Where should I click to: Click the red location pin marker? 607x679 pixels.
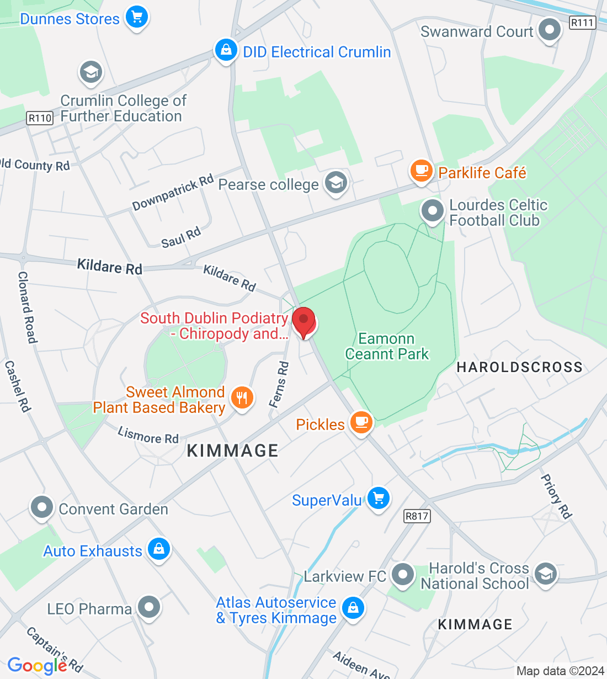303,322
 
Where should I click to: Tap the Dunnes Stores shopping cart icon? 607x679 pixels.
136,17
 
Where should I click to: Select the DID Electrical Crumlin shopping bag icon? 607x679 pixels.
226,51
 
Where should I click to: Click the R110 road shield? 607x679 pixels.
40,118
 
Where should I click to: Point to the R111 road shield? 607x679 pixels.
582,23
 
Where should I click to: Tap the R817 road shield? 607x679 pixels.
417,516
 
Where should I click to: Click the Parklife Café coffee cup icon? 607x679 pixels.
422,171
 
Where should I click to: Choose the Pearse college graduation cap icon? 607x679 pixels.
336,182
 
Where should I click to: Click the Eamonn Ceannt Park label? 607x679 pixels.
387,346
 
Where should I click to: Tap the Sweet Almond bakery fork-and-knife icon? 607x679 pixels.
242,397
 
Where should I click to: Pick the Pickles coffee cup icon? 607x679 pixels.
361,423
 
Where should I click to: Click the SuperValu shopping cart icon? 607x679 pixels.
378,498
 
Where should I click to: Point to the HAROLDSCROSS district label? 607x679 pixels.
519,367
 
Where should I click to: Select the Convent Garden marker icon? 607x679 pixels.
42,507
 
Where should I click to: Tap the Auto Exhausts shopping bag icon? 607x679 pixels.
159,549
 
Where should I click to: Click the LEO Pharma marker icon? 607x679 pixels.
148,607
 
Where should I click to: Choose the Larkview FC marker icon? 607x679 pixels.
403,575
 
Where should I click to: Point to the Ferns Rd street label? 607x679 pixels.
279,384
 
